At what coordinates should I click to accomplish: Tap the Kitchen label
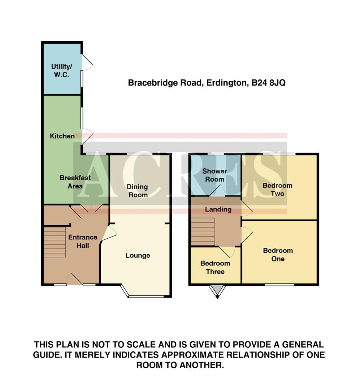point(62,136)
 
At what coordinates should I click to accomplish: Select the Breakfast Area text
point(75,182)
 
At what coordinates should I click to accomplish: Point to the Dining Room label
point(137,191)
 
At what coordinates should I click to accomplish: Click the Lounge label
point(138,256)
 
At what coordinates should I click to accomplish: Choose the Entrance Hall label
point(83,241)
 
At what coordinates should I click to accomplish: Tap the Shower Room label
point(214,175)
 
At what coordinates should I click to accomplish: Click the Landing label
point(218,209)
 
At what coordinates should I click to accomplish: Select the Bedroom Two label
point(277,190)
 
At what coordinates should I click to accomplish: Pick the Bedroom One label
point(278,255)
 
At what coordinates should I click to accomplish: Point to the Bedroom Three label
point(215,267)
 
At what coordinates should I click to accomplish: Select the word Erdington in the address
point(227,83)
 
